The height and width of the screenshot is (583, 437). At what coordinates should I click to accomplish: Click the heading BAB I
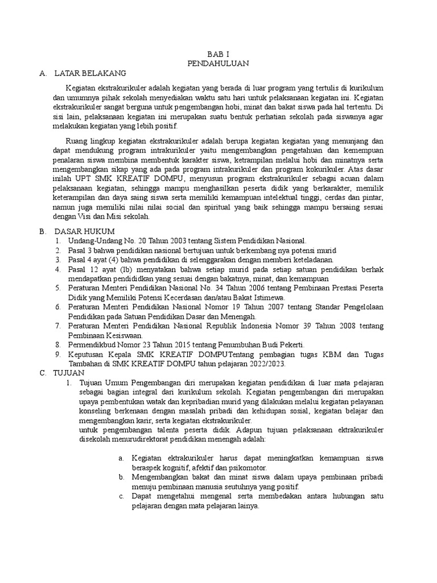tap(218, 53)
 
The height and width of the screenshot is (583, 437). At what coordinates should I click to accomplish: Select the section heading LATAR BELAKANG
tap(90, 73)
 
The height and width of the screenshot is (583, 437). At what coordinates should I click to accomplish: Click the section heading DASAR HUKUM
tap(84, 232)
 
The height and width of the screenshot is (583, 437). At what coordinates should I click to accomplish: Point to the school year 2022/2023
tap(263, 364)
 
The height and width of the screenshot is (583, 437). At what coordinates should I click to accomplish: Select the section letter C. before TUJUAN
tap(43, 373)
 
